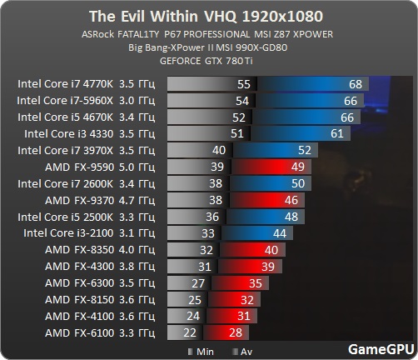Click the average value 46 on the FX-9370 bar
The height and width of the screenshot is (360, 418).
(x=291, y=200)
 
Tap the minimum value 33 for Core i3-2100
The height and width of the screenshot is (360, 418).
(x=208, y=232)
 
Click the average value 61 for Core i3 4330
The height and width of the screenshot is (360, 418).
(x=336, y=133)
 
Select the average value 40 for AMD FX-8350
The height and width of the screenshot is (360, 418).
(x=269, y=249)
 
